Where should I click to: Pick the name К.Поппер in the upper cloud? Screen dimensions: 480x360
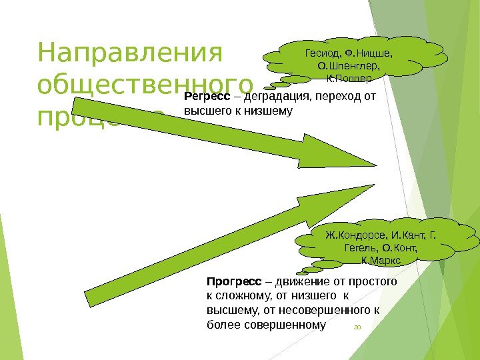(x=347, y=79)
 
